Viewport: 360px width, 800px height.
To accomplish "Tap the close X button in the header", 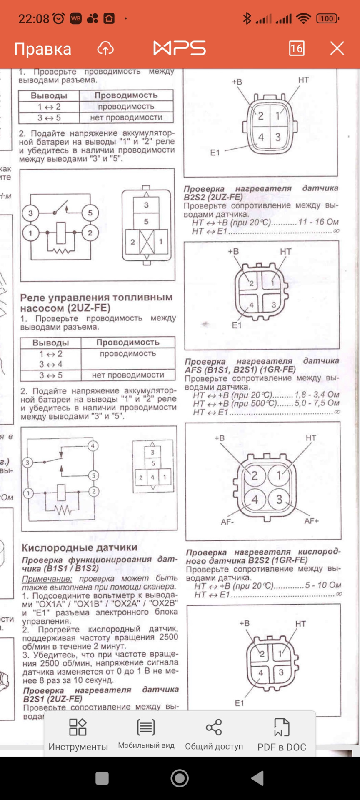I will coord(337,48).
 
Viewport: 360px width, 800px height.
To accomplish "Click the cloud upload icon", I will coord(105,49).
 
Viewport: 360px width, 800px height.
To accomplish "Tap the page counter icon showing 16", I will coord(297,48).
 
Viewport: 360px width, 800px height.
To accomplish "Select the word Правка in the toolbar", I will coord(42,49).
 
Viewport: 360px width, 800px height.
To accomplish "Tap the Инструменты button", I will coord(78,735).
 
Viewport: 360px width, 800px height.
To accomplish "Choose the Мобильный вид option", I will coord(146,735).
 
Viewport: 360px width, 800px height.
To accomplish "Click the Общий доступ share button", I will coord(214,735).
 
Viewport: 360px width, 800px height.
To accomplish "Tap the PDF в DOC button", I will coord(282,735).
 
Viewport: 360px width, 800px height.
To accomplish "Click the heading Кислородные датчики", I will coord(79,547).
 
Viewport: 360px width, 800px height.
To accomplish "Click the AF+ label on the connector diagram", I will coord(312,521).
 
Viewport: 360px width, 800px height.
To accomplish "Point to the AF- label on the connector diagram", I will coord(227,522).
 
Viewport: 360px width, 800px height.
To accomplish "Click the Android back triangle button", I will coord(257,778).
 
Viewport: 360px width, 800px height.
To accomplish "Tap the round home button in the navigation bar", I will coord(180,778).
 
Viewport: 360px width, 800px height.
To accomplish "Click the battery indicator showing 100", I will coord(327,18).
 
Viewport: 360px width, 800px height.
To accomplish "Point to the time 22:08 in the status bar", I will coord(34,19).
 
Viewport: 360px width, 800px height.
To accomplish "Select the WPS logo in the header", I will coord(180,48).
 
